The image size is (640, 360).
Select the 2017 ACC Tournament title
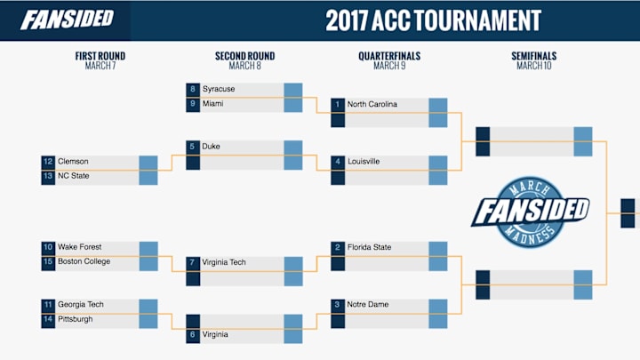[433, 20]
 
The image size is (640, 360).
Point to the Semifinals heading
[534, 56]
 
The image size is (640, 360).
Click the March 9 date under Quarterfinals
[388, 66]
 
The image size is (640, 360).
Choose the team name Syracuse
[220, 90]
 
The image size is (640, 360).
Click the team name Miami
[213, 104]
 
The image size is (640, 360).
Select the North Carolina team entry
[372, 104]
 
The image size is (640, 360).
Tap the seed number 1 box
[338, 104]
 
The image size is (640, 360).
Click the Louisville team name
[364, 162]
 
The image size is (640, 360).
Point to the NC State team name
[76, 176]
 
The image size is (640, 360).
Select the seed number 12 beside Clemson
[48, 162]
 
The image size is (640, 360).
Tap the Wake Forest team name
[80, 247]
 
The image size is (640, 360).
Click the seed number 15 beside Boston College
[48, 261]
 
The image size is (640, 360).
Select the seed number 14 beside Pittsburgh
[48, 318]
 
